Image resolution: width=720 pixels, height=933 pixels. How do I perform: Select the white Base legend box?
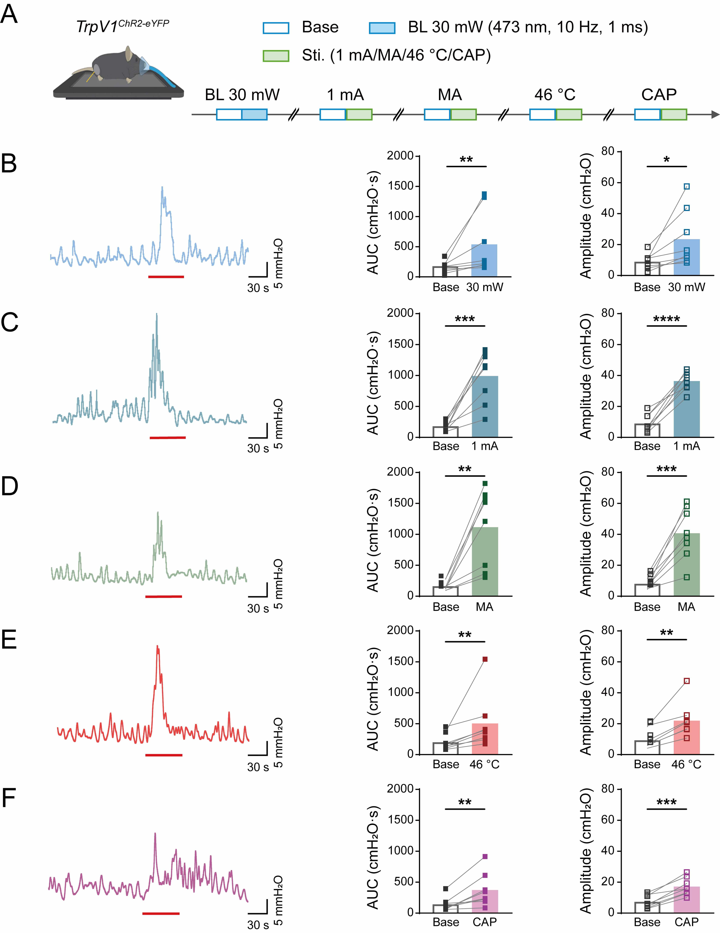pos(276,28)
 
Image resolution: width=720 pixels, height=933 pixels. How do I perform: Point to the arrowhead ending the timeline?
pos(715,114)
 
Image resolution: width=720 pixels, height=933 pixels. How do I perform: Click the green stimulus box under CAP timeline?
pos(674,114)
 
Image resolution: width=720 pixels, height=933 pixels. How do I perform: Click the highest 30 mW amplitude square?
pos(687,186)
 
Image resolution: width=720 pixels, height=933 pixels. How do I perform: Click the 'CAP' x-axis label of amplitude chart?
pos(686,922)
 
